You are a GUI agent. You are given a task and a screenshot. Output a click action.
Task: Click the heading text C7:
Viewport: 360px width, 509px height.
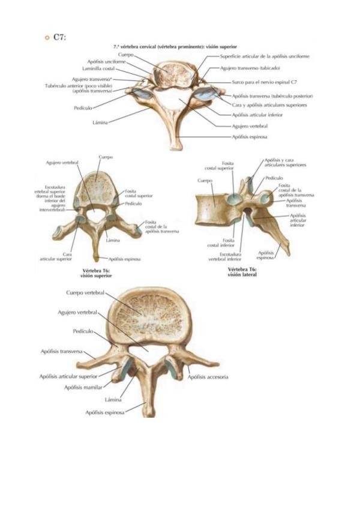(x=59, y=37)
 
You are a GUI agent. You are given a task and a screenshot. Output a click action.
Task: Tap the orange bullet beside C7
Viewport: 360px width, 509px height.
(x=47, y=38)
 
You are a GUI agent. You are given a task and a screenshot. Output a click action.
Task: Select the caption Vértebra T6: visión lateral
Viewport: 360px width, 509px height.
(x=242, y=273)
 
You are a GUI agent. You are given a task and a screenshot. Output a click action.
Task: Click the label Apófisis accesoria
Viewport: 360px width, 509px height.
(x=208, y=377)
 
